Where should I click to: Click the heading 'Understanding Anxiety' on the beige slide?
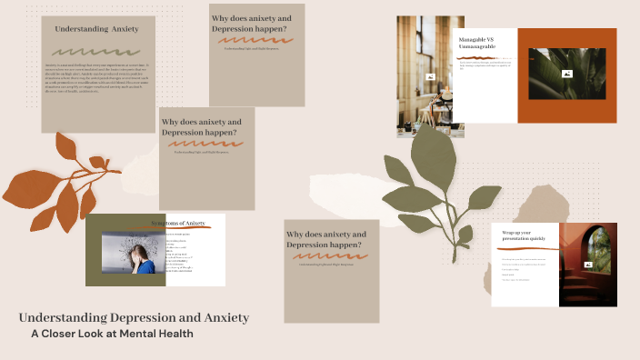(96, 29)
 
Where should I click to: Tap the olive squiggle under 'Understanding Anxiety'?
(95, 51)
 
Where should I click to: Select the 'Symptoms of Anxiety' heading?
(178, 223)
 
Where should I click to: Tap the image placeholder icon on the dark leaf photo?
(567, 74)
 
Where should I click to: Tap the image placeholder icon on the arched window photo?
(588, 265)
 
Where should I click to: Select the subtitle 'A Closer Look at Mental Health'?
(112, 334)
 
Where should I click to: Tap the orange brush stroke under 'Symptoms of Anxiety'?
(181, 229)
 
